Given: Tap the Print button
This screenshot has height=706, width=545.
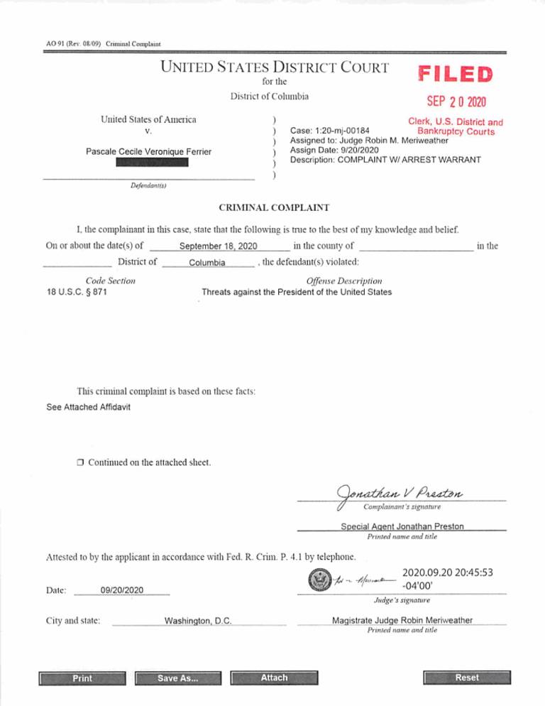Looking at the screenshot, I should click(x=82, y=678).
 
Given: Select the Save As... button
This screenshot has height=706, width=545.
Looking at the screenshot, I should click(x=177, y=678).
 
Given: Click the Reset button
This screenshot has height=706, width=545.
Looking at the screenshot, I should click(x=466, y=678).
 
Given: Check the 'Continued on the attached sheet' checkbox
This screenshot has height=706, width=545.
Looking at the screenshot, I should click(x=81, y=463).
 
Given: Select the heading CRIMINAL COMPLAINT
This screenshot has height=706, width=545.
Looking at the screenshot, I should click(x=271, y=207).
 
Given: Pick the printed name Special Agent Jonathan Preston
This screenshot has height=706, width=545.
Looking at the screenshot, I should click(x=402, y=526).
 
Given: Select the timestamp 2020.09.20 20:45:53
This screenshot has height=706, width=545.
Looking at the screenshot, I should click(x=447, y=572).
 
